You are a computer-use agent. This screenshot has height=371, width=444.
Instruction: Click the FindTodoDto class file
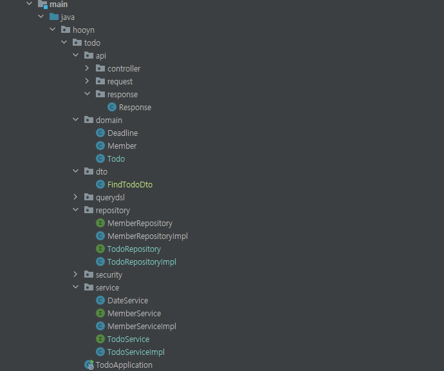point(129,184)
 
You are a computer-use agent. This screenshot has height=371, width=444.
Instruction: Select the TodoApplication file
point(124,365)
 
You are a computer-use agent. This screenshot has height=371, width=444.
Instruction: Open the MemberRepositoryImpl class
point(147,236)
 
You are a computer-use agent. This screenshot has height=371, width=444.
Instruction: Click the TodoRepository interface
point(134,249)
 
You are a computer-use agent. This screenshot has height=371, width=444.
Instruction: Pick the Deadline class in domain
point(122,133)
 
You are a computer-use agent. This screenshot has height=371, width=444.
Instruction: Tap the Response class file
point(134,107)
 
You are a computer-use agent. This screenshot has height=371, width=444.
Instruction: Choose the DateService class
point(127,300)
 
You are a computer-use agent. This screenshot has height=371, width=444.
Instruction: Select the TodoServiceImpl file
point(136,352)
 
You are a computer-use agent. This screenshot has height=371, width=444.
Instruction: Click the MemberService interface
point(134,313)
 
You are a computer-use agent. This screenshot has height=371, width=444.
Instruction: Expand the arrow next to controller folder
point(88,68)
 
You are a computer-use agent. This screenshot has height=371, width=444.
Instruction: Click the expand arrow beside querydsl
point(76,197)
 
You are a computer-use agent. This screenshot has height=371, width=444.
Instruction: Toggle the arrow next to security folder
point(76,274)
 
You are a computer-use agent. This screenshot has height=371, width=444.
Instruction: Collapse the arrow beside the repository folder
point(76,210)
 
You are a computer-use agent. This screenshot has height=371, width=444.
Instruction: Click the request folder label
point(120,81)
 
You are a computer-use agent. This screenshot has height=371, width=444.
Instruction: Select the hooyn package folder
point(83,30)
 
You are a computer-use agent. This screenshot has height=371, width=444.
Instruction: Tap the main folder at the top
point(58,5)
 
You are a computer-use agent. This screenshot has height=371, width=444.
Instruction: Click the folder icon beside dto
point(89,171)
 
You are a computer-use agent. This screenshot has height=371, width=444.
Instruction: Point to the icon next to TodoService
point(100,339)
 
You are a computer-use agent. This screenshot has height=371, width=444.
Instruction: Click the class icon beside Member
point(100,146)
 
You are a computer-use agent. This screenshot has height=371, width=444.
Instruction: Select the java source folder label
point(67,17)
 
